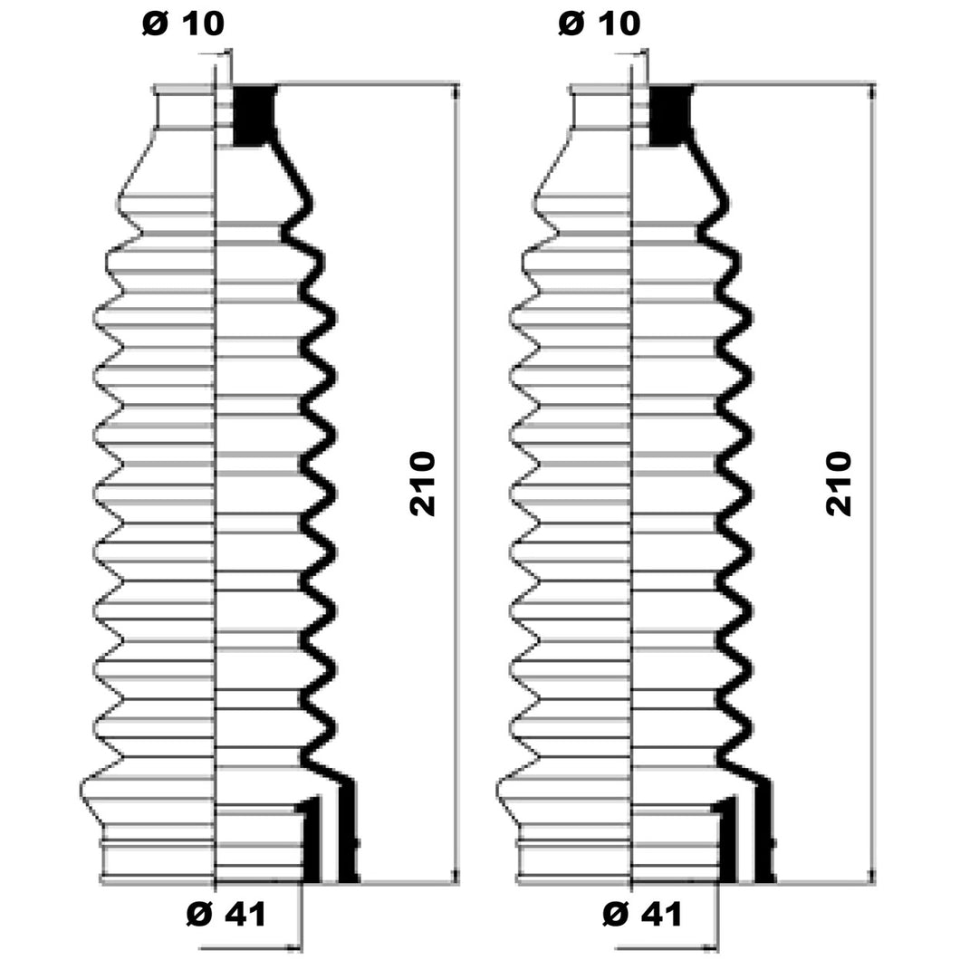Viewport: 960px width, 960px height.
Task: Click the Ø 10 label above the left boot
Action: coord(183,24)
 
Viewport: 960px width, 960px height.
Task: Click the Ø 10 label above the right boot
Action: coord(600,24)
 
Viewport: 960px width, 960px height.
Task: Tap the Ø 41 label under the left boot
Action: coord(226,915)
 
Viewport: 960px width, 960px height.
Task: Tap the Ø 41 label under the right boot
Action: coord(642,915)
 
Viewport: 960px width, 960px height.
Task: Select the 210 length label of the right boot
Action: coord(839,484)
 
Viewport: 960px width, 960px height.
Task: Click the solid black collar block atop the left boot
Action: coord(254,115)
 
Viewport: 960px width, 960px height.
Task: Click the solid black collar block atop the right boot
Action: coord(670,115)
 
